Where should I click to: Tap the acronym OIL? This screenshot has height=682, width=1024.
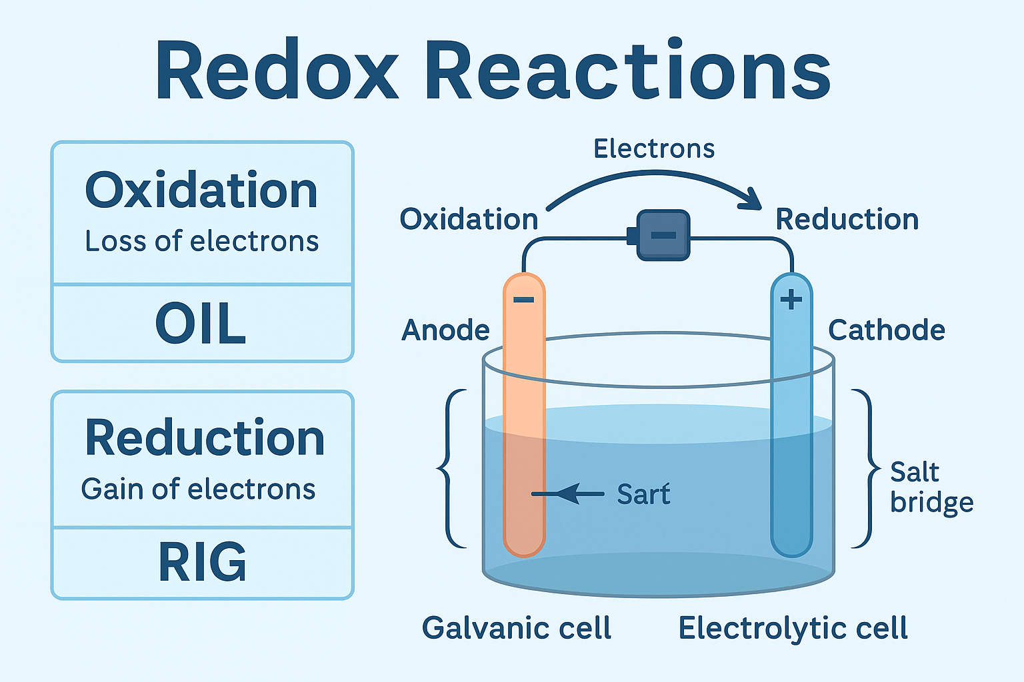click(201, 324)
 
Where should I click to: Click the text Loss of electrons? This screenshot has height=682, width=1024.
click(201, 241)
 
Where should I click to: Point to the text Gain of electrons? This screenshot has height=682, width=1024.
click(198, 490)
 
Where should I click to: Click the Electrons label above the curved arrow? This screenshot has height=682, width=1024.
click(654, 149)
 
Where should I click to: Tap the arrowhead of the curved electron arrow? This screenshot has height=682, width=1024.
click(753, 198)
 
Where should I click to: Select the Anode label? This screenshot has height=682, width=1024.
click(445, 330)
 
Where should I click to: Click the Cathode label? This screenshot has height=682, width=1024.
click(886, 330)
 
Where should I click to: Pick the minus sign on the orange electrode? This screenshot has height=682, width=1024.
click(524, 300)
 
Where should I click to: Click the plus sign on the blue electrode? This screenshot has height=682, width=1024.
click(791, 300)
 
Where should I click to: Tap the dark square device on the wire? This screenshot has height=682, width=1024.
click(663, 235)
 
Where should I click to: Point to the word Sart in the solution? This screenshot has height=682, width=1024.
click(643, 494)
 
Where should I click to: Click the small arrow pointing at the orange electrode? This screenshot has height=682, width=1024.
click(567, 494)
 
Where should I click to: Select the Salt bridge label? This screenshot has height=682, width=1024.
click(931, 488)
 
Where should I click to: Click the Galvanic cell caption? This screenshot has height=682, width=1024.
click(517, 628)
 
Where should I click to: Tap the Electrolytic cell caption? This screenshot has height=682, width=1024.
click(793, 628)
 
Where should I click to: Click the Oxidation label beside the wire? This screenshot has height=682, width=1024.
click(469, 219)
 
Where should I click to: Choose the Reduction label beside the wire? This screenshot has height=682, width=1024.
click(847, 219)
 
